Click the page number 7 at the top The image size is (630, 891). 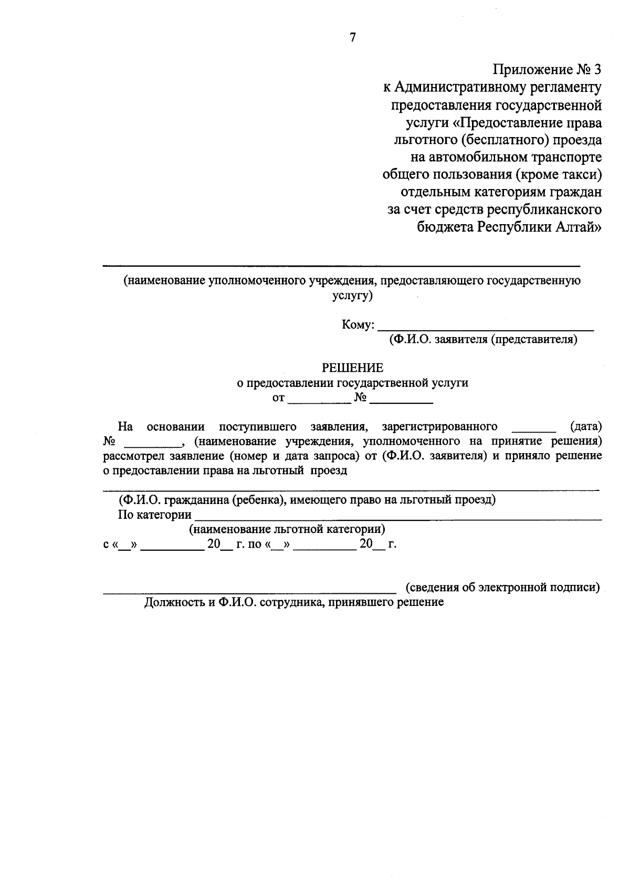(353, 37)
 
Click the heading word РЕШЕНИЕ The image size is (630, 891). (352, 368)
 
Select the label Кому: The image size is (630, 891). (358, 325)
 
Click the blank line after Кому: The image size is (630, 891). (486, 328)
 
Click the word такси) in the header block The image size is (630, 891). (582, 174)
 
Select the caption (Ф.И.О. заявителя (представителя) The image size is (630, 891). (483, 340)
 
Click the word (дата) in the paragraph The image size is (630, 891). (586, 426)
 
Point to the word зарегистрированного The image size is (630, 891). (440, 426)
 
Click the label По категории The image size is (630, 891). (155, 515)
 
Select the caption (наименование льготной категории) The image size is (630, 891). (287, 529)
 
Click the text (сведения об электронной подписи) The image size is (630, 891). (502, 588)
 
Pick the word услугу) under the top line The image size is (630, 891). (352, 296)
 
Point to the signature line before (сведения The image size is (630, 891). (249, 592)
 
